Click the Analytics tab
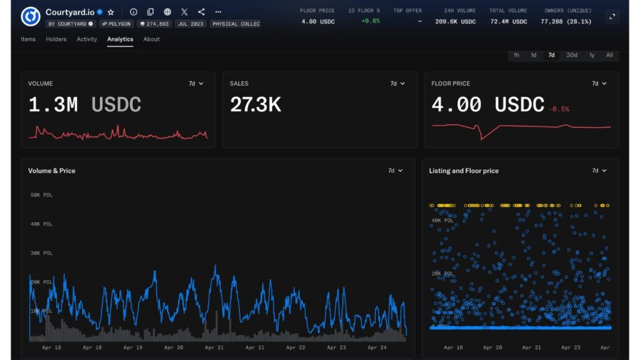[x=120, y=39]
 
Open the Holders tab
[x=56, y=39]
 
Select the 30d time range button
[x=571, y=55]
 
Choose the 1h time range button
[x=516, y=55]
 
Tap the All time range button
[x=609, y=55]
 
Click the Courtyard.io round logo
[x=31, y=17]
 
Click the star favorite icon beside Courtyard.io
[x=111, y=12]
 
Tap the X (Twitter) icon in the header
[x=184, y=12]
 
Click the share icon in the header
[x=201, y=12]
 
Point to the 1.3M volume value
[x=53, y=105]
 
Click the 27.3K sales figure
[x=255, y=105]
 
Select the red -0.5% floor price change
[x=559, y=109]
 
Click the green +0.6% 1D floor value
[x=370, y=21]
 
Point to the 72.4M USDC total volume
[x=506, y=21]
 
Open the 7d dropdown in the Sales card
[x=397, y=84]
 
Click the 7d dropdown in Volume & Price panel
[x=395, y=171]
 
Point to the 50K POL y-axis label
[x=41, y=195]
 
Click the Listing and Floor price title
[x=464, y=171]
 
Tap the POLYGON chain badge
[x=116, y=24]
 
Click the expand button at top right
[x=612, y=17]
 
